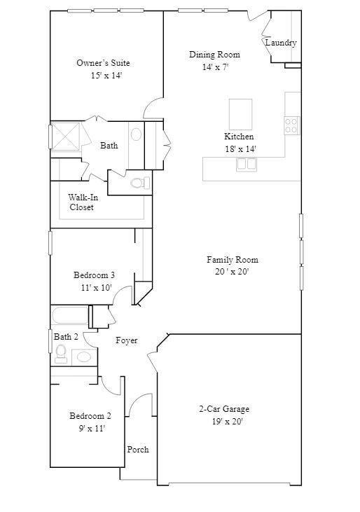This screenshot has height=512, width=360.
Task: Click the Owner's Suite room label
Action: click(x=103, y=63)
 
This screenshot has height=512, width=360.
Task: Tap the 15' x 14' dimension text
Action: click(x=106, y=76)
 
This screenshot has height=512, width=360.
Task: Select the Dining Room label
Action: click(x=214, y=55)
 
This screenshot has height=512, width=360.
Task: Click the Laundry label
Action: click(x=281, y=43)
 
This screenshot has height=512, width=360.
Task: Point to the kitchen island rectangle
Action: click(x=240, y=113)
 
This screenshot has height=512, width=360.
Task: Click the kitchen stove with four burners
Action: click(x=291, y=126)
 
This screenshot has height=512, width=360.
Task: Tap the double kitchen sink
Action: click(x=246, y=164)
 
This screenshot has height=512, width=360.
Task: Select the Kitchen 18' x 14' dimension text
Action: click(x=240, y=148)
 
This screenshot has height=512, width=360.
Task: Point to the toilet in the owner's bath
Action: click(x=140, y=184)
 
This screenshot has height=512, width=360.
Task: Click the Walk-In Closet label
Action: click(x=83, y=202)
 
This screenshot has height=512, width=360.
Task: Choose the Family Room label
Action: click(x=232, y=260)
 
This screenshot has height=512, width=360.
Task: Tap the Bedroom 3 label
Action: click(x=94, y=275)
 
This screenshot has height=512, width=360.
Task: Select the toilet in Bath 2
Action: click(x=61, y=351)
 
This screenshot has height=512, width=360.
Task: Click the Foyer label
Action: click(x=127, y=340)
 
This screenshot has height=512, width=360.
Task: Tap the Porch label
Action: click(x=138, y=450)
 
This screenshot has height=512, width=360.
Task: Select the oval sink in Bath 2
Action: click(x=84, y=357)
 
